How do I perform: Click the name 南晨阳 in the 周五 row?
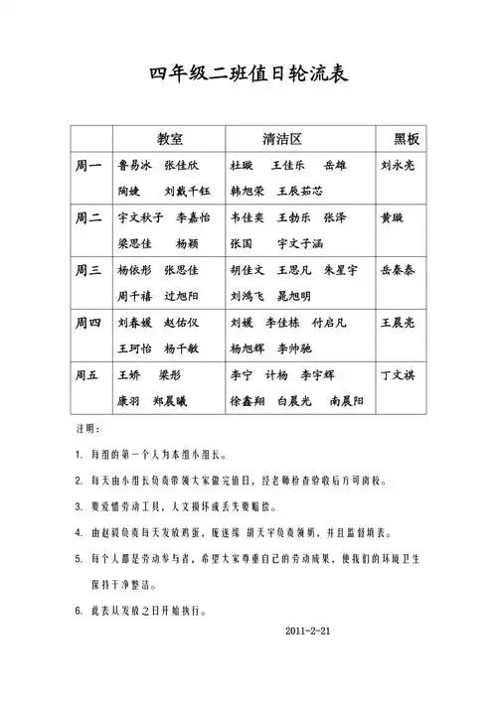[346, 400]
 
